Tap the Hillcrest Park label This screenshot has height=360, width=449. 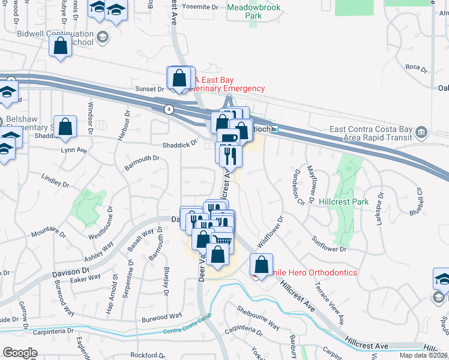(344, 202)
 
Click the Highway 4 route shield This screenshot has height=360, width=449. (169, 109)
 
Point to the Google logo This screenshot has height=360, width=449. (20, 353)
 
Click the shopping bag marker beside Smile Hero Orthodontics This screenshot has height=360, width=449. (261, 264)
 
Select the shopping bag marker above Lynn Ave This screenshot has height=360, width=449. (65, 127)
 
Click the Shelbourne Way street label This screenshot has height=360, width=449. (258, 319)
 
